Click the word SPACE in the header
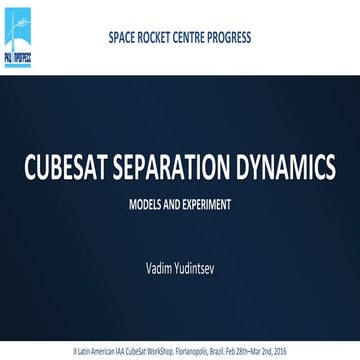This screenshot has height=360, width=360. click(124, 39)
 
